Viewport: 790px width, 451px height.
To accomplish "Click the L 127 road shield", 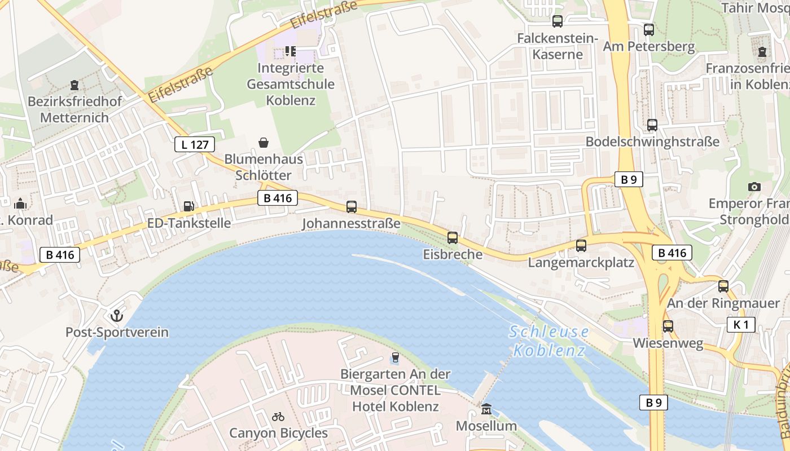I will (x=195, y=144).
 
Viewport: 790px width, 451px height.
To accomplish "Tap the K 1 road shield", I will (x=740, y=324).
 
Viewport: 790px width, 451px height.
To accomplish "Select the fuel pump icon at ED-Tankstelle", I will (x=189, y=206).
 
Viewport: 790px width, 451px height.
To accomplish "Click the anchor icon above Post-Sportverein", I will (x=117, y=315).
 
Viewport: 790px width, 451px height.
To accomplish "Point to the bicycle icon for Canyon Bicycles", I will (x=278, y=417).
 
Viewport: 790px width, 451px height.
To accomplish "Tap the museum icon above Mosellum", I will (x=486, y=409).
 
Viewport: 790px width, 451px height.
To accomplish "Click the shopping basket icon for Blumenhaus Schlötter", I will (x=264, y=143).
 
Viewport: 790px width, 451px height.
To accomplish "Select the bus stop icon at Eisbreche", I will (x=453, y=238).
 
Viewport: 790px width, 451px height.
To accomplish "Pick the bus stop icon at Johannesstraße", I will (x=352, y=207).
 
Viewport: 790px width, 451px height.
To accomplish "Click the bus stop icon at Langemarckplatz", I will (x=581, y=246).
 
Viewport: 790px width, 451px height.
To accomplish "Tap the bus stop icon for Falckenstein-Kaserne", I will (x=558, y=21).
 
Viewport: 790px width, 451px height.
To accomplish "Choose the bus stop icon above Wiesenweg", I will (x=668, y=326).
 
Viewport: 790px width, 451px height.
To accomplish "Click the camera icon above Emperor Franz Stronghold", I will (x=754, y=187).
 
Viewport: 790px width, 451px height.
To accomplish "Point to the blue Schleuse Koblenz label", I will (x=548, y=341).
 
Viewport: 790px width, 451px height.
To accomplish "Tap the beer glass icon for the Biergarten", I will (x=395, y=357).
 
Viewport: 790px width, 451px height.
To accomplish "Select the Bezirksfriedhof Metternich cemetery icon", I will (x=74, y=86).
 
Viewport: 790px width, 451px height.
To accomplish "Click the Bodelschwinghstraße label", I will (x=652, y=142).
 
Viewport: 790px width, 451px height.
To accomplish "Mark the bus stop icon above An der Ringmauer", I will (x=723, y=286).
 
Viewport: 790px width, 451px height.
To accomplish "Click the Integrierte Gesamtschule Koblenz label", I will (x=291, y=84).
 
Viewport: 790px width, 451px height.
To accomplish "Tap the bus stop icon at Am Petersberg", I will (x=649, y=30).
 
